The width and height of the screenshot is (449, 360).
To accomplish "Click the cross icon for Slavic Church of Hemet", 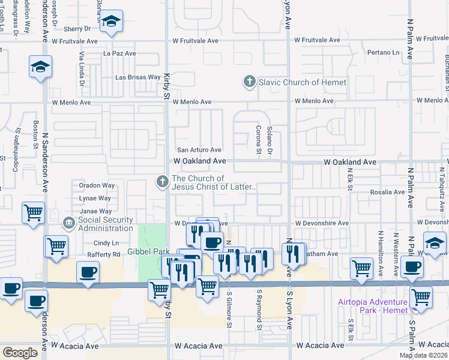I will point(250,81).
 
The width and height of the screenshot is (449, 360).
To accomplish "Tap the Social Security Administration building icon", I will point(69,223).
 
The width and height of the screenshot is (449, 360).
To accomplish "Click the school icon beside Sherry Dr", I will point(110,22).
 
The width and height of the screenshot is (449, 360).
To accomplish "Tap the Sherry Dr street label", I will point(76,28).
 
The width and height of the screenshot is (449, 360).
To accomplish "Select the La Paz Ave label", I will point(119,53).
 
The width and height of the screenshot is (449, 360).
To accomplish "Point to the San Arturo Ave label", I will point(199,150).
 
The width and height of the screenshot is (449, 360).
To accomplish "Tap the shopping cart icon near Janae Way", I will point(33,212).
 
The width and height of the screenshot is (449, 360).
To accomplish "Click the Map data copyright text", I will point(423,355).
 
